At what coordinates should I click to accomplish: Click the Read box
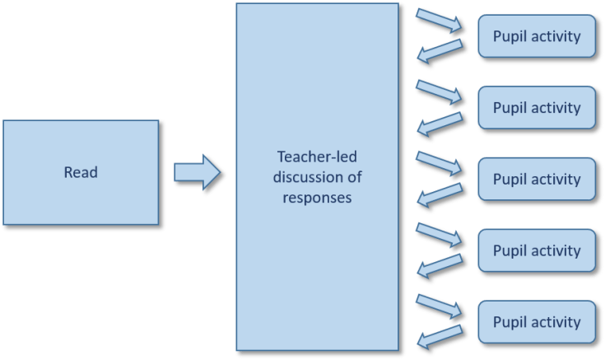point(80,172)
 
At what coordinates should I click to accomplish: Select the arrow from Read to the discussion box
point(198,173)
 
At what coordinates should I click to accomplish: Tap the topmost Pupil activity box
point(535,36)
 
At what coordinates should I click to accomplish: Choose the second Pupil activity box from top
point(535,108)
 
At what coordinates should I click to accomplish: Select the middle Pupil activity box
point(535,179)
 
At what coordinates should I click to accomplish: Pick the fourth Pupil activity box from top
point(535,250)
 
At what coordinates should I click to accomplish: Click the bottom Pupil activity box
point(535,322)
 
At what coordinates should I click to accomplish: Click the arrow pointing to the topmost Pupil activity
point(441,21)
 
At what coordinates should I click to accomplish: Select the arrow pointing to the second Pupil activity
point(441,92)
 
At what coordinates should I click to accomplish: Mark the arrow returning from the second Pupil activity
point(441,124)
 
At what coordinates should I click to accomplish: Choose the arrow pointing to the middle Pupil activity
point(441,163)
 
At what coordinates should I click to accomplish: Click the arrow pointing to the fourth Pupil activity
point(441,235)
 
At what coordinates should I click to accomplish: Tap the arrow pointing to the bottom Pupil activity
point(441,306)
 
